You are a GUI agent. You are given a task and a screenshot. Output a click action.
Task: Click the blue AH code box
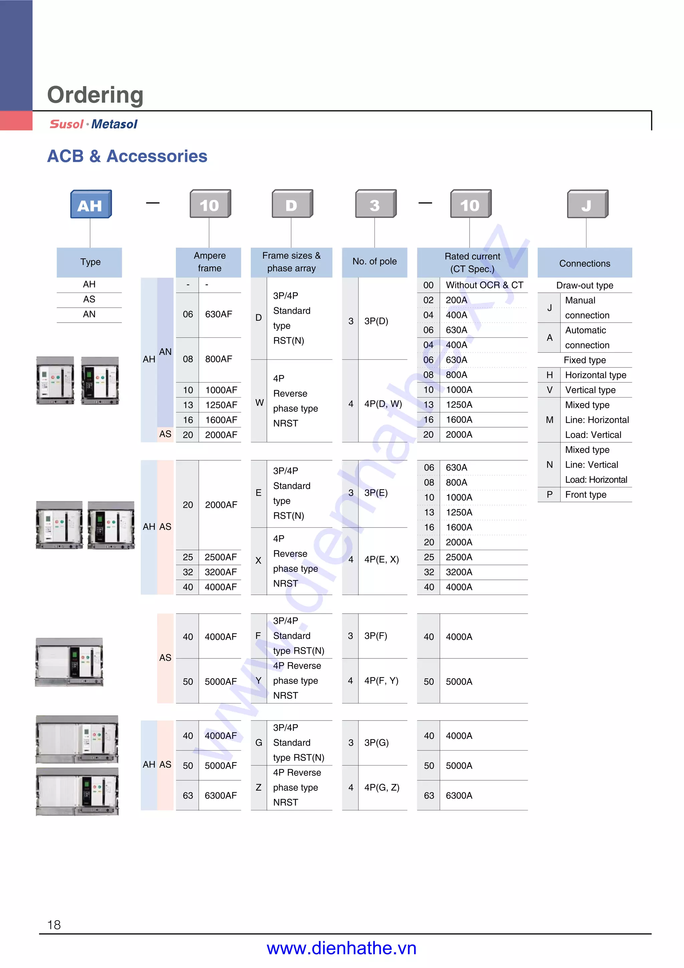91,204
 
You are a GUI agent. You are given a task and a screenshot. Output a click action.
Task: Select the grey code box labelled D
292,204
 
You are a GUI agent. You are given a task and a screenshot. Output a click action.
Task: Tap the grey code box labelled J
587,204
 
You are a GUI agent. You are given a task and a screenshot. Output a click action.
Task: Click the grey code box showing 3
375,204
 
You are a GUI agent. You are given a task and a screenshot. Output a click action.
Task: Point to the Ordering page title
95,95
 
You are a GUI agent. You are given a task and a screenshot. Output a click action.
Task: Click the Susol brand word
66,124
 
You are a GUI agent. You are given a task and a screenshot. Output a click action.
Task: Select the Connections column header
584,263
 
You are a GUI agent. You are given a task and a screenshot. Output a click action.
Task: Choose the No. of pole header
374,262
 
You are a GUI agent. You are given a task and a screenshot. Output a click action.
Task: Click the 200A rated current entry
457,300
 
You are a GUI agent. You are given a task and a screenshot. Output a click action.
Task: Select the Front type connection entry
585,495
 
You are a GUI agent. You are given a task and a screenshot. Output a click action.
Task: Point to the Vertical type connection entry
590,390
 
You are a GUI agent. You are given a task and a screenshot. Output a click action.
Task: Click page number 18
54,925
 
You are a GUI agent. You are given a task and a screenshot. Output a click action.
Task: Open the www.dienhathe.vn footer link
341,948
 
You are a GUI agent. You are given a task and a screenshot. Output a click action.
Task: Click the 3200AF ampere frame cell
220,572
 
